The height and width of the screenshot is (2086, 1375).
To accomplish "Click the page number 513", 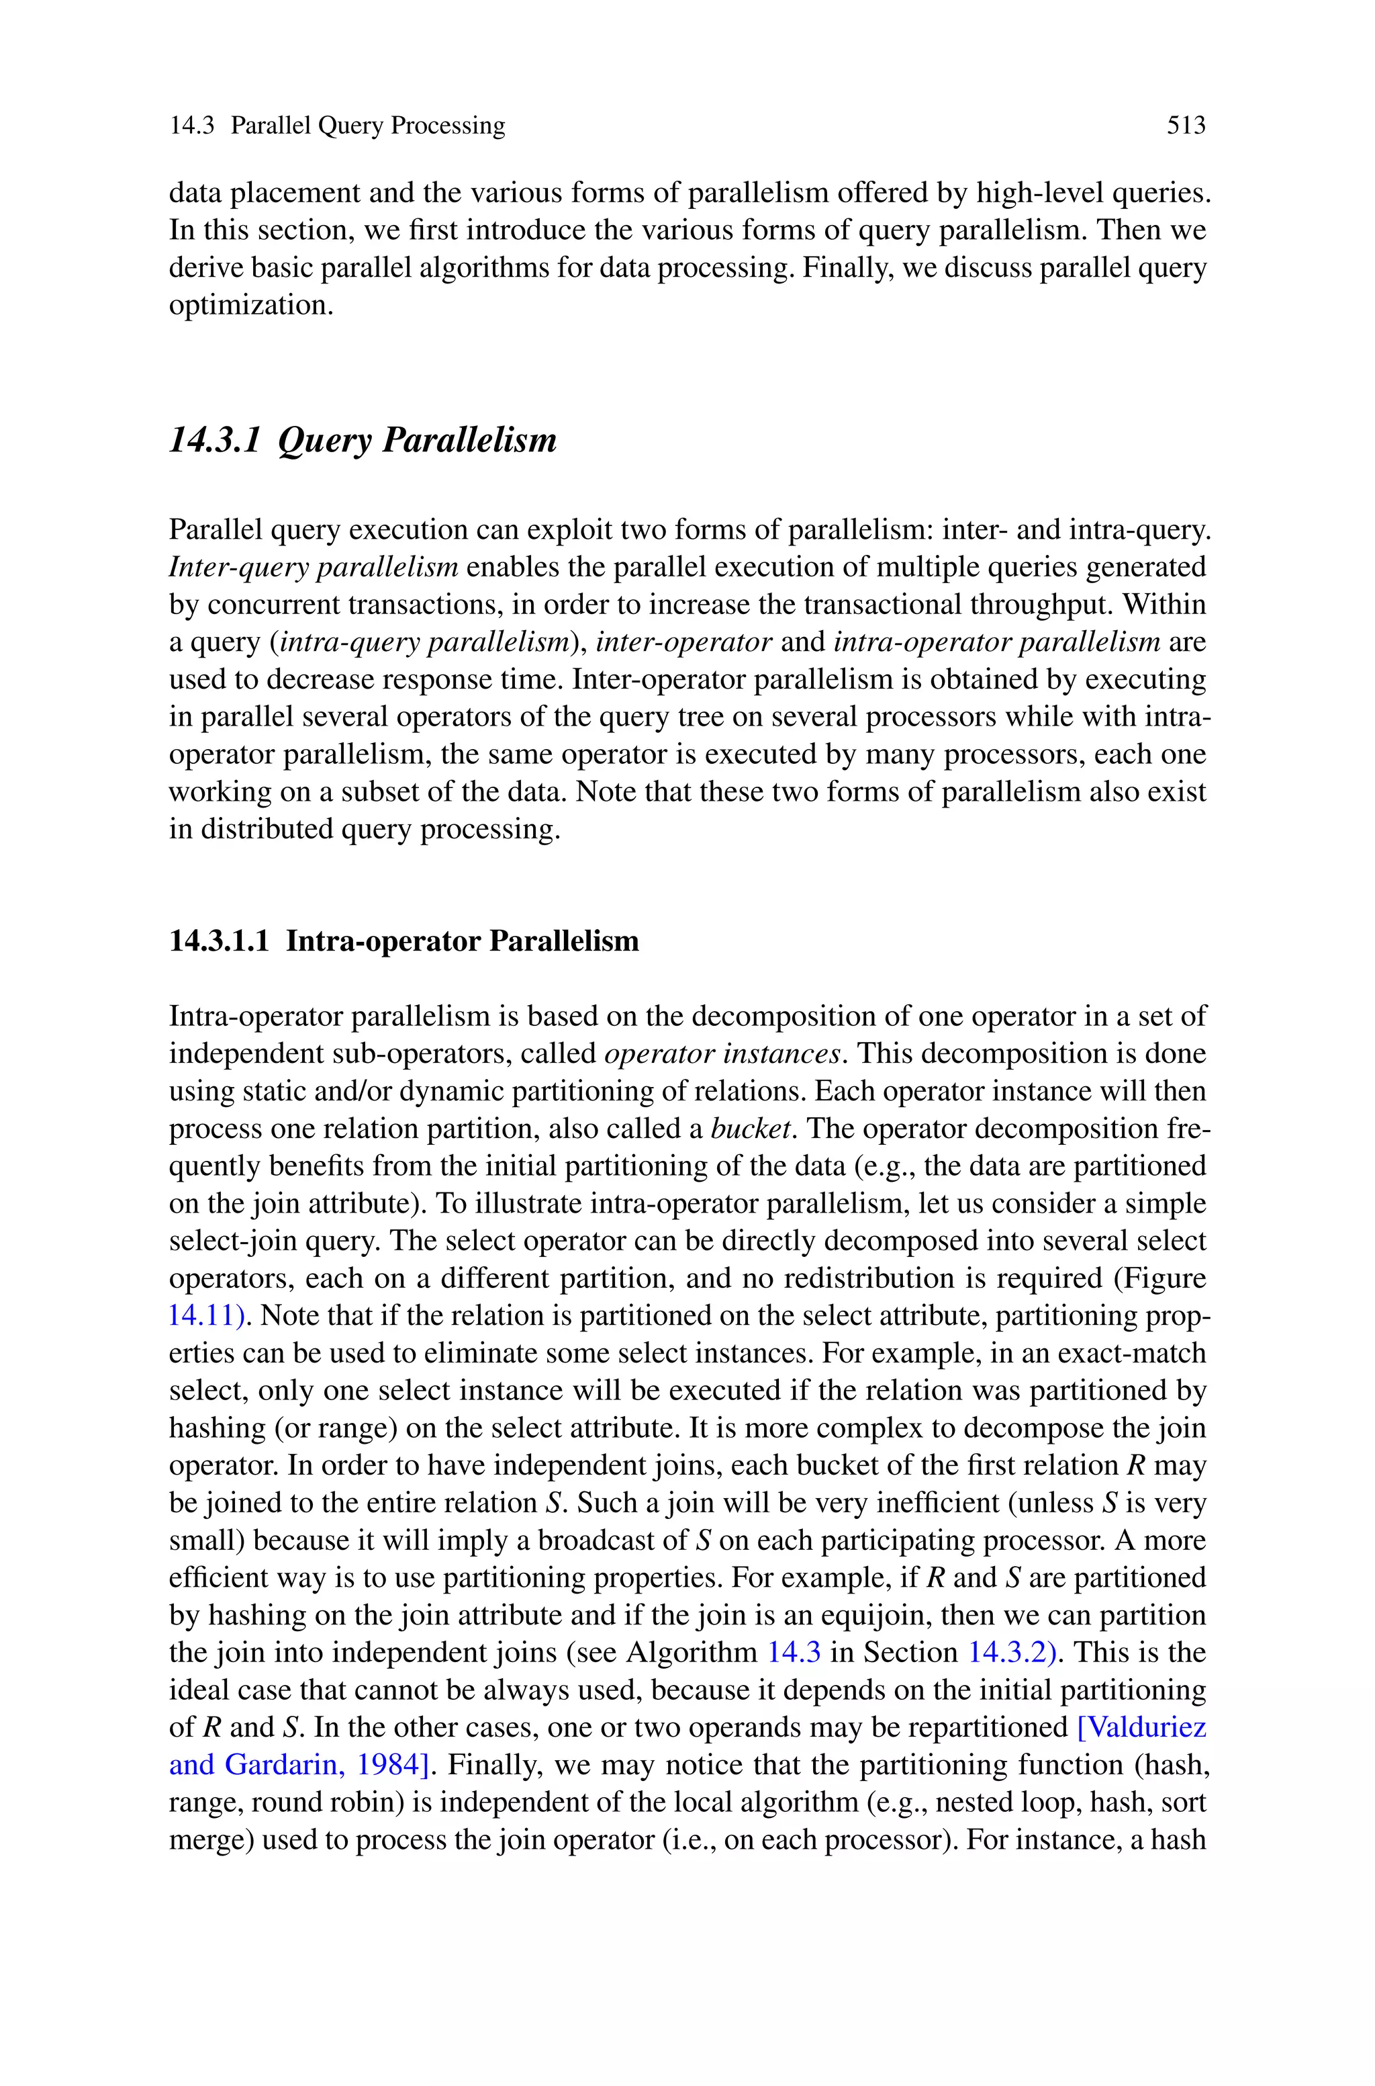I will pos(1186,126).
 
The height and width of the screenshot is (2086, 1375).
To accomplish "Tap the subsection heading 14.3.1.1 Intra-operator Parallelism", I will pos(404,941).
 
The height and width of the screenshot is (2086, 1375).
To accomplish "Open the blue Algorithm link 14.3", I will pos(794,1653).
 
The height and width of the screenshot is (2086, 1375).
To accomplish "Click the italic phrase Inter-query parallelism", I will pos(313,568).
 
